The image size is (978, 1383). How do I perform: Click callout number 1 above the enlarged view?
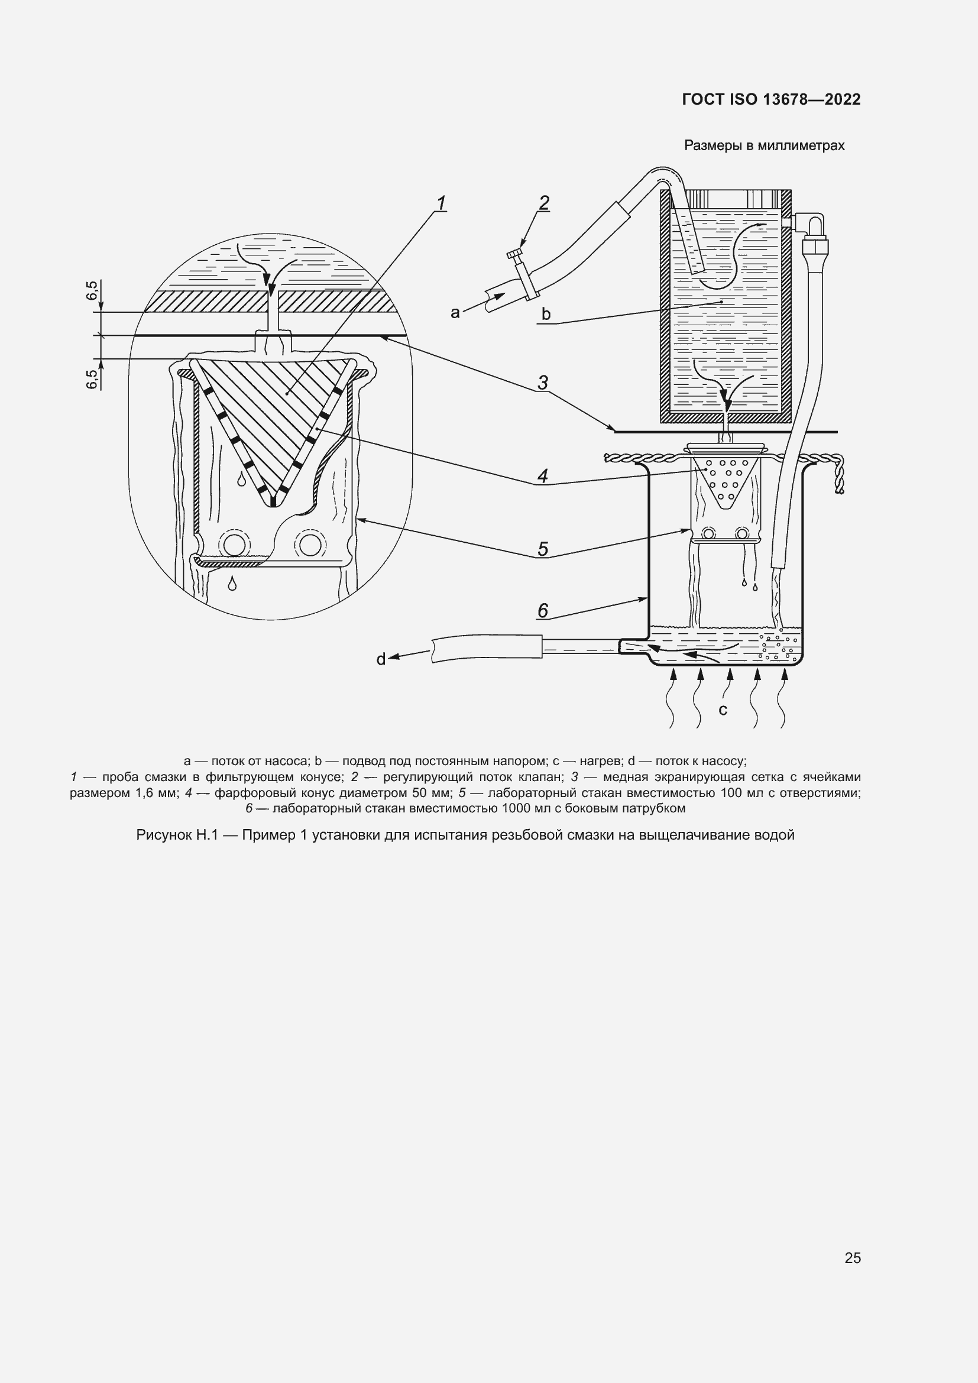pos(441,203)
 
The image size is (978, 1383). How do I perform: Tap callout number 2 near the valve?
pos(544,203)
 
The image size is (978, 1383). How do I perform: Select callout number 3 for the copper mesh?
pos(543,383)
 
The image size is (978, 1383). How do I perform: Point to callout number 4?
pos(543,477)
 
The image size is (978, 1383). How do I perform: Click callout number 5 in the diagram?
pos(543,549)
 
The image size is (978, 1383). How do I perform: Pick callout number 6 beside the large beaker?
pos(543,611)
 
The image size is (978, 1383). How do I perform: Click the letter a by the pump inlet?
pos(455,312)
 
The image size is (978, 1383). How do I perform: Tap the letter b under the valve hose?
pos(546,314)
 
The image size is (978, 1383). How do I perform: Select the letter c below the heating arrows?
pos(723,710)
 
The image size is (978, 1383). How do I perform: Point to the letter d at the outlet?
pos(381,660)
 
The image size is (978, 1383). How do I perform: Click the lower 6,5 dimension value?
pos(92,380)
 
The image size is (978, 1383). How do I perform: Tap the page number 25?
pos(852,1258)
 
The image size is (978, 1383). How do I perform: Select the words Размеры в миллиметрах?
pos(763,146)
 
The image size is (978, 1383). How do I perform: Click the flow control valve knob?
pos(516,255)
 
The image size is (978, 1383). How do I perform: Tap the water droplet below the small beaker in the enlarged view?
pos(232,583)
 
